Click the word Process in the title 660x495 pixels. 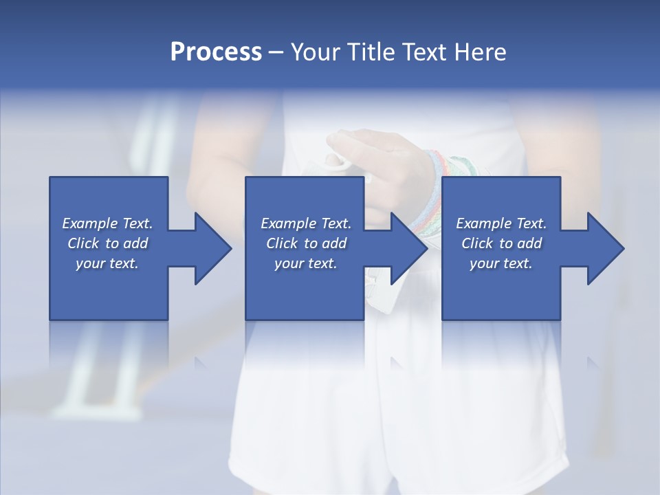click(x=216, y=52)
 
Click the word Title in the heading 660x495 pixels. click(x=370, y=52)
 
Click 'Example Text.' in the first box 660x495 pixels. click(x=107, y=223)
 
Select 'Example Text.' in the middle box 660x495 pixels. click(x=305, y=223)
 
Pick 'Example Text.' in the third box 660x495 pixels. click(x=501, y=223)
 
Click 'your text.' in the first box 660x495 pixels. click(x=107, y=263)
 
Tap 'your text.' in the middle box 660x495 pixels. click(x=305, y=263)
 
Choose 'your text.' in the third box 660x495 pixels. click(x=501, y=263)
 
